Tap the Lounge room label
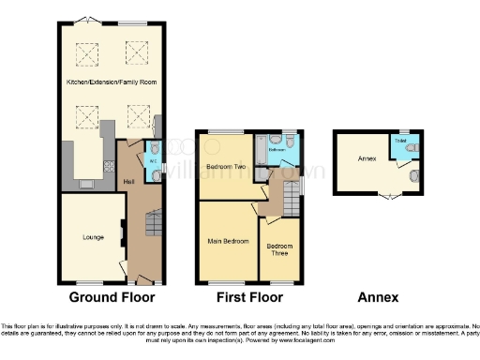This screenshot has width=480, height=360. click(x=80, y=236)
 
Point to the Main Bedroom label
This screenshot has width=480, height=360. click(x=228, y=241)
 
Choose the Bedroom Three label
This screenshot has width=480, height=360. click(x=279, y=249)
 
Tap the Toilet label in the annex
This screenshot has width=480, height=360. click(x=400, y=141)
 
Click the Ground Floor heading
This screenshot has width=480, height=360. click(x=106, y=298)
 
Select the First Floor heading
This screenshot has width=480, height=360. click(x=247, y=298)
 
